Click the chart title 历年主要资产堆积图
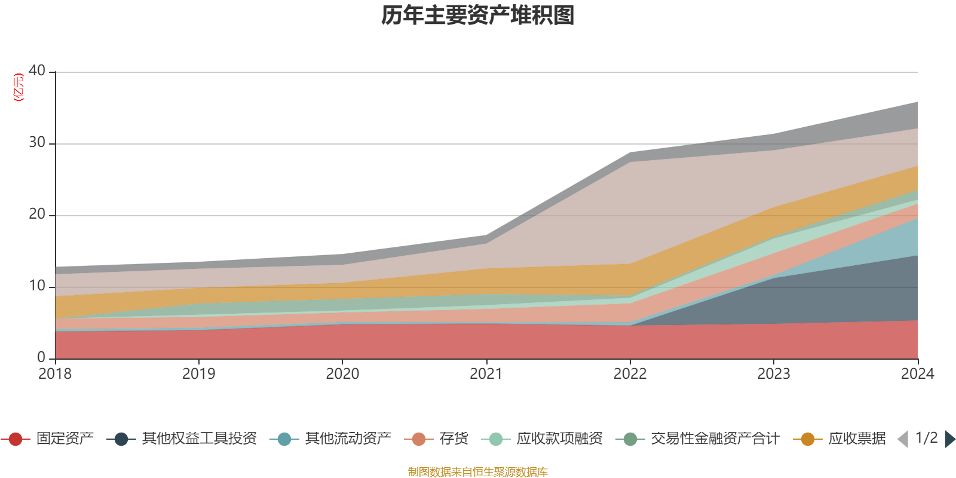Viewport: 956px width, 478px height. click(x=478, y=16)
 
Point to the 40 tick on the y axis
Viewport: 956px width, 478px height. click(x=37, y=71)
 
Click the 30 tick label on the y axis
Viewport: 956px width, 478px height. click(x=37, y=142)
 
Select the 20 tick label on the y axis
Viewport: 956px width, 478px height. click(x=37, y=214)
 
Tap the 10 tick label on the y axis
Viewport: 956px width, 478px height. click(x=37, y=286)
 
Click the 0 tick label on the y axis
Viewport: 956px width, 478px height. click(x=41, y=357)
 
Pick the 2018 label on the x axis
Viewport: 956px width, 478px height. click(x=55, y=374)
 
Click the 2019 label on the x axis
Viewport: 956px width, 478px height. click(x=198, y=374)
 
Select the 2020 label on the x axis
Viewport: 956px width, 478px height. click(x=342, y=374)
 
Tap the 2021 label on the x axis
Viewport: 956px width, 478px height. click(x=486, y=374)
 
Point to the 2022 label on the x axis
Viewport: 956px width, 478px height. click(x=630, y=374)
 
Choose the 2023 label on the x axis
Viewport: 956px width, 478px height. click(x=774, y=374)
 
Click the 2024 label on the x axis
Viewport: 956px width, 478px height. click(x=917, y=374)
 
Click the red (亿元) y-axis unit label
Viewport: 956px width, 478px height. click(x=19, y=87)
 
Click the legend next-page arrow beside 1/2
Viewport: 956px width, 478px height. click(x=949, y=439)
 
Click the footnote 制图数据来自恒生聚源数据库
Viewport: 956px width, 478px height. click(x=478, y=472)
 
